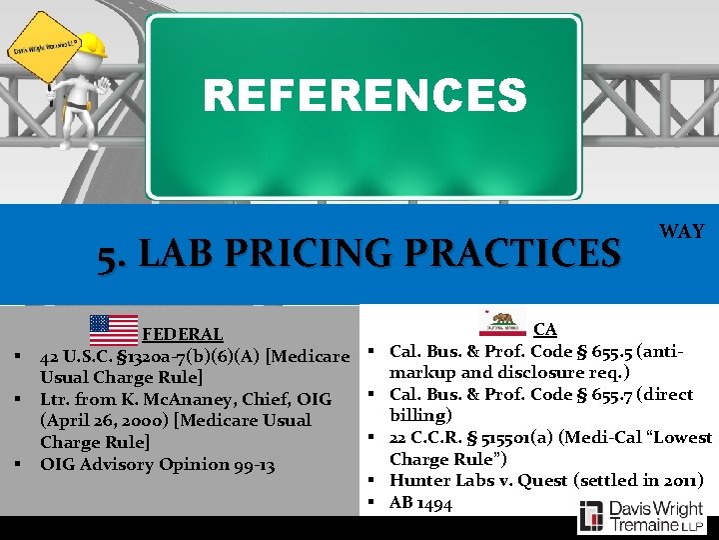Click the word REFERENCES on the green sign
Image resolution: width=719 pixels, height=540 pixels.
(x=364, y=96)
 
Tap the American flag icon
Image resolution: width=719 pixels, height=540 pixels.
(x=114, y=329)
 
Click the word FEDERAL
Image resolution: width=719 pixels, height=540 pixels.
(x=183, y=334)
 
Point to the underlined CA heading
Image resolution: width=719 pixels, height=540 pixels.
(x=545, y=328)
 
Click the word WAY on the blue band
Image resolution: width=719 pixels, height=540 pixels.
(x=682, y=231)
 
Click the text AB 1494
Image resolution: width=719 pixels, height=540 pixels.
(x=420, y=503)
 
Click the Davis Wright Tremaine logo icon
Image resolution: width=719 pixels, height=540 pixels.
(x=591, y=516)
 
